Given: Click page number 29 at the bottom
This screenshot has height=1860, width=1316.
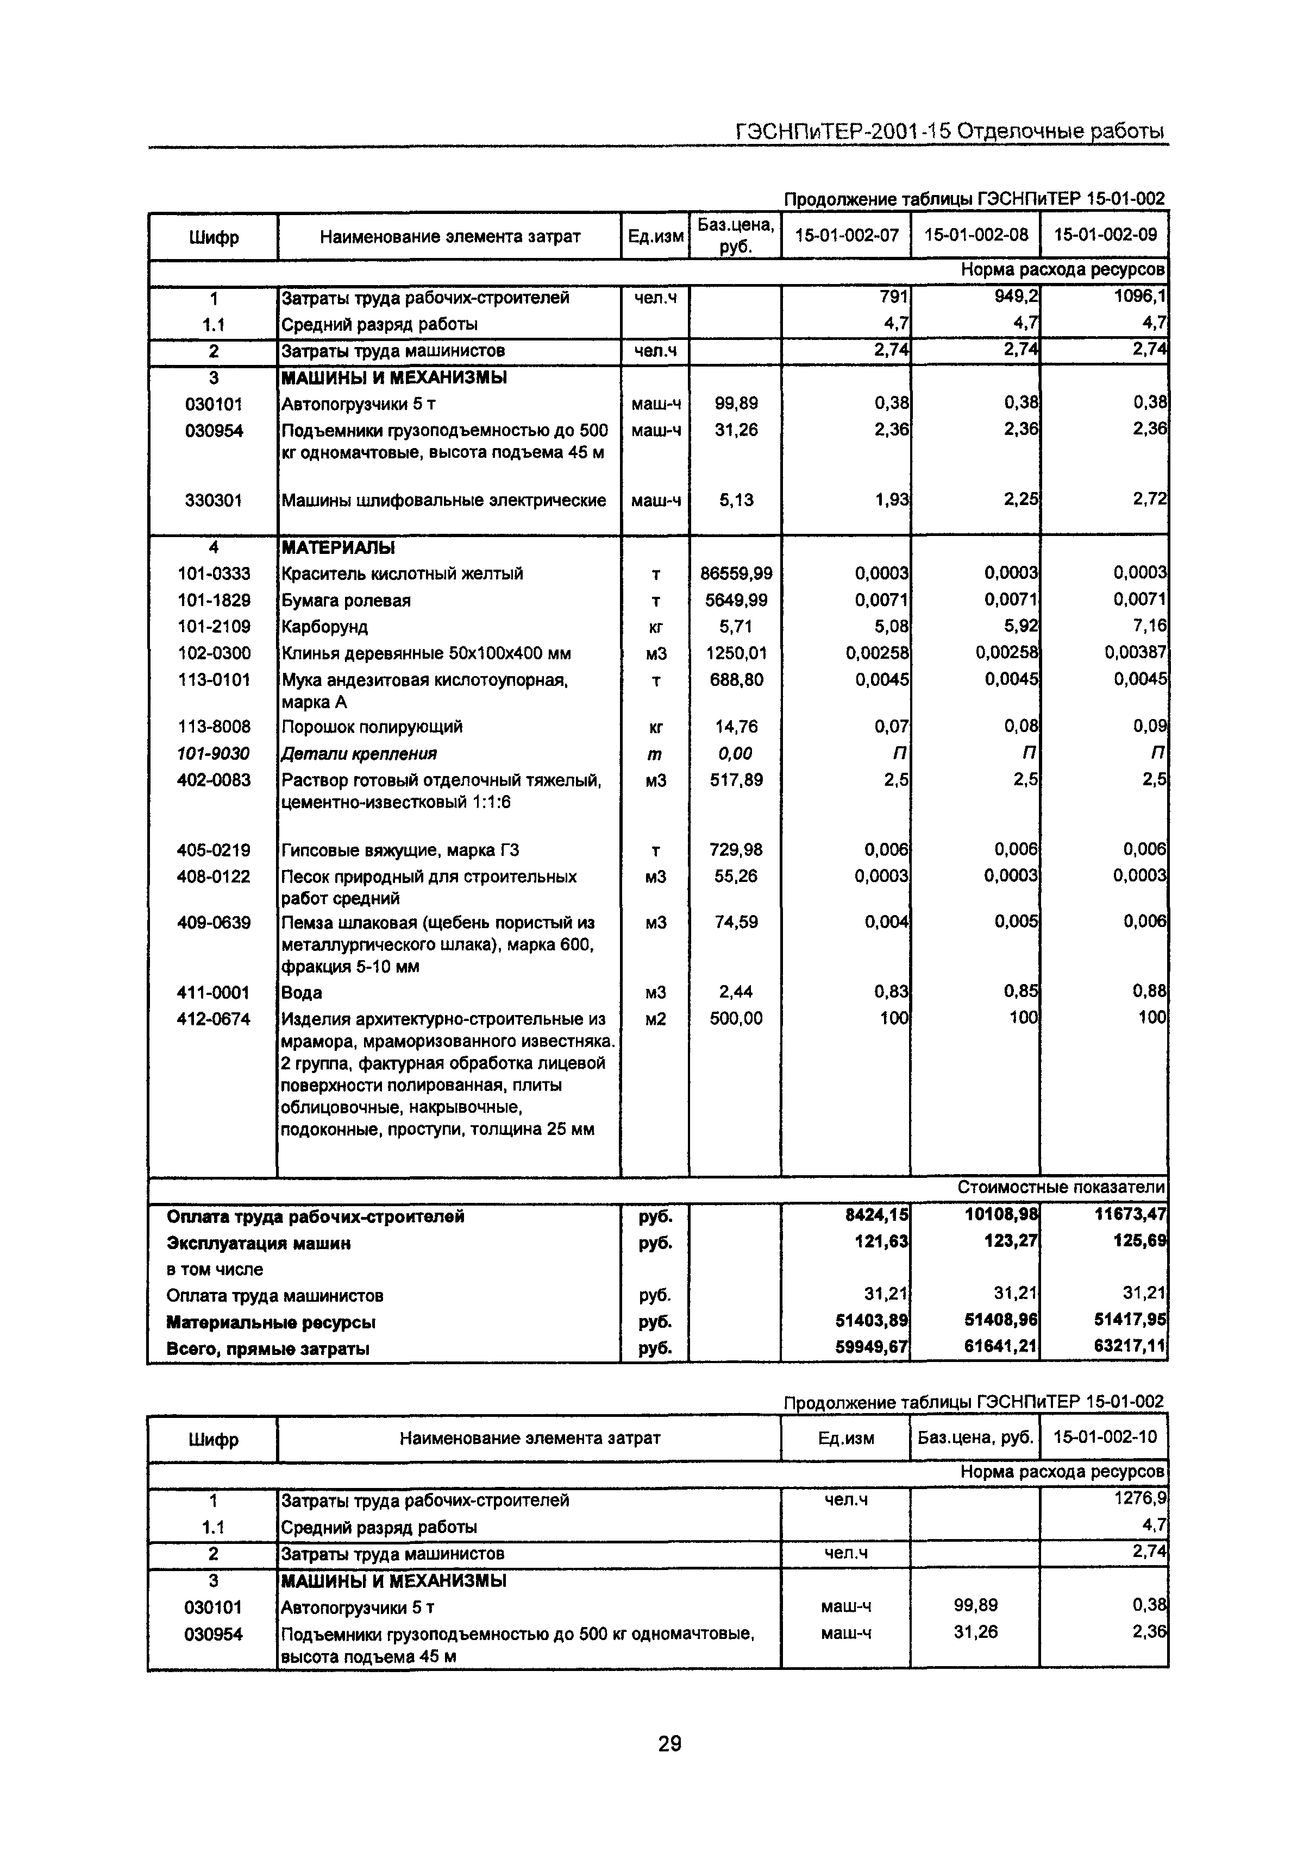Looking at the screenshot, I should (669, 1743).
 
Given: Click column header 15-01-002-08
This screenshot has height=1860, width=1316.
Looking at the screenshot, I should (976, 235).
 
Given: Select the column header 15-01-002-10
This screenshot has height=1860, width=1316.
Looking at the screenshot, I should (1105, 1438).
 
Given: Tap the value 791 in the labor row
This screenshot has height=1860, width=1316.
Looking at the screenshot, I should (893, 297).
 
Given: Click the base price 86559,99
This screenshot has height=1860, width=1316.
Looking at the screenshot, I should (736, 573).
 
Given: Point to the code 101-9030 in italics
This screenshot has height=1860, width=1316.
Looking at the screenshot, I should (214, 753).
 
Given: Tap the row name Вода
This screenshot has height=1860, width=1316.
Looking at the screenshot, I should (302, 992).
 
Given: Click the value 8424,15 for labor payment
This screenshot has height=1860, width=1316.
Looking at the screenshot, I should (876, 1216).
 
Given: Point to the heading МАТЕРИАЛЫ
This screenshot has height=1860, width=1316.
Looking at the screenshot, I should (338, 547).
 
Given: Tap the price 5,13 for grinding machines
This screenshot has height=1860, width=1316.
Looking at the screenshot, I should (736, 500).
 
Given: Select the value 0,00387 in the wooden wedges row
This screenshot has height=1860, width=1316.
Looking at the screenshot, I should (1135, 653).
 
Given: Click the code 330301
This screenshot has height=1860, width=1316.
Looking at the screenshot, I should (214, 500).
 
